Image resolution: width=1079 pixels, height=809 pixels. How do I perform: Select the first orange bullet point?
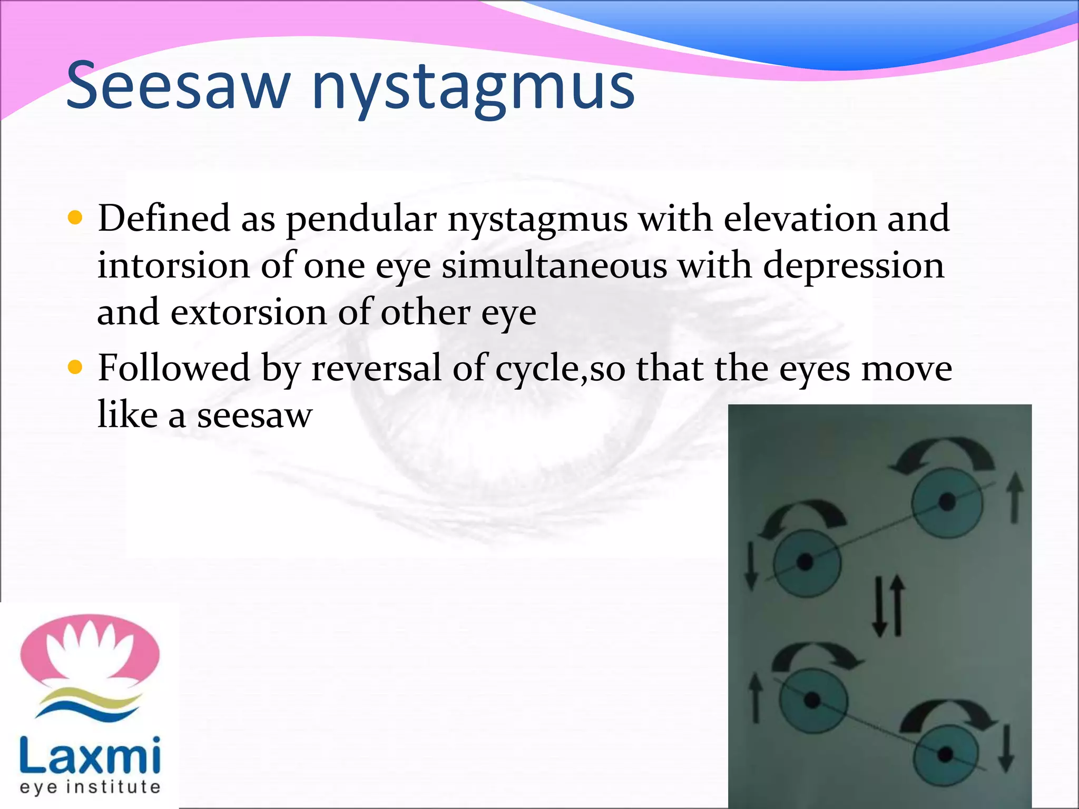[76, 218]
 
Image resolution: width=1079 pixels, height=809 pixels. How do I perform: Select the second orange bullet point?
[76, 367]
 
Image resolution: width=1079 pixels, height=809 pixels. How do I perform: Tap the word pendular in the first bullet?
[361, 220]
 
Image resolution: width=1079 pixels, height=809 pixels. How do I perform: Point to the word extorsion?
[249, 312]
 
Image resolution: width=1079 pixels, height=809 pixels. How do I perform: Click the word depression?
[854, 266]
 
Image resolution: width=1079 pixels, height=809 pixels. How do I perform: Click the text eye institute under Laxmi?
[90, 787]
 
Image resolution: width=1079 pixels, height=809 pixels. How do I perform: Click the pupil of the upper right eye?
[947, 501]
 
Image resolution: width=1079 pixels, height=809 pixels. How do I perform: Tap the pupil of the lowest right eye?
[945, 754]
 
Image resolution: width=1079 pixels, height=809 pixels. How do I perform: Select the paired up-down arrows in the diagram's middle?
[888, 606]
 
